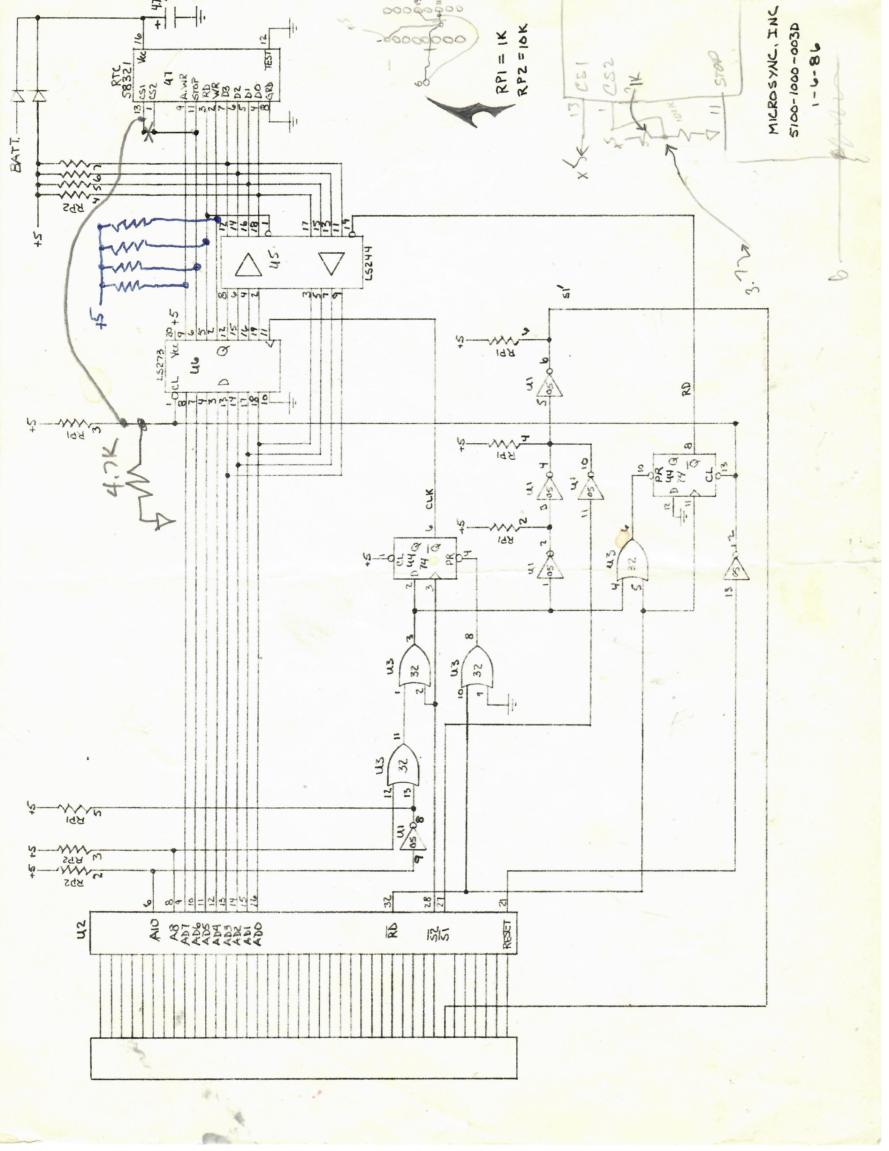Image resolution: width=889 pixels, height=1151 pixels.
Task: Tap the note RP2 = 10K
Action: coord(523,61)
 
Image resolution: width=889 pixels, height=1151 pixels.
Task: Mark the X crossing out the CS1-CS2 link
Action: coord(149,134)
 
